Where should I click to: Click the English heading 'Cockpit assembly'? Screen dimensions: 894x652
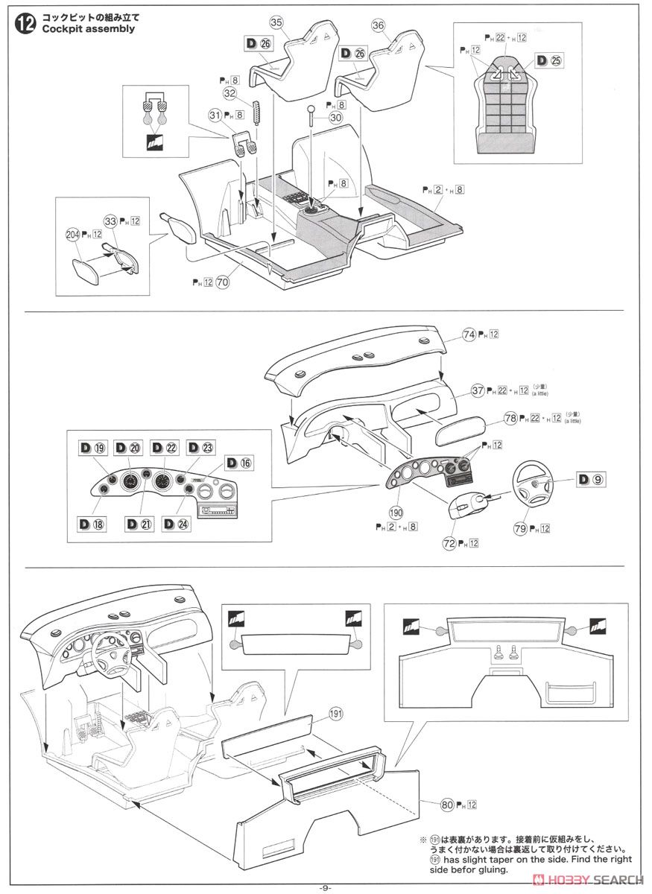click(x=89, y=29)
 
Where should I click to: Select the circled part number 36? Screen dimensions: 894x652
click(x=378, y=25)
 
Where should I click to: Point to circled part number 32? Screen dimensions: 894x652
click(x=229, y=94)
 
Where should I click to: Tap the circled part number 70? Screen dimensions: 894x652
click(x=222, y=282)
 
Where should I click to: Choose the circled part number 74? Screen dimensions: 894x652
click(x=469, y=335)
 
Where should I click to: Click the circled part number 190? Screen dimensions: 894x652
click(x=396, y=513)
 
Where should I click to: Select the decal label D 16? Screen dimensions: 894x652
click(x=239, y=463)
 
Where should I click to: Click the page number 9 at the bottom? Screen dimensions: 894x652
click(x=326, y=887)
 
